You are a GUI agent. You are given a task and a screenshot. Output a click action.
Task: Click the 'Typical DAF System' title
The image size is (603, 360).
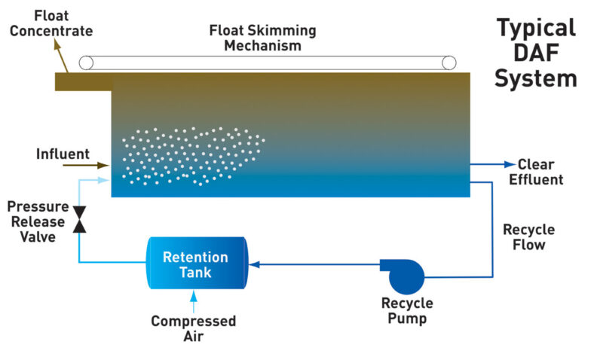[x=536, y=53]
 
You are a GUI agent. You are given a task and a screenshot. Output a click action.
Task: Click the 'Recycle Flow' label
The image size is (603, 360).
[x=528, y=236]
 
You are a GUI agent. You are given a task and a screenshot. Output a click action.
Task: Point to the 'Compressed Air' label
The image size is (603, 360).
[x=193, y=328]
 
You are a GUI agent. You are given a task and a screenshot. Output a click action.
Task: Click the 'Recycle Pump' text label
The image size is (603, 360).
[x=407, y=310]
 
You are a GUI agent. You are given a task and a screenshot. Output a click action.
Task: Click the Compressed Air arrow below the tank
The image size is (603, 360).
[x=194, y=301]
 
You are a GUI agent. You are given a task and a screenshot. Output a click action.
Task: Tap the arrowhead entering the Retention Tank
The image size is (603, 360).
[x=254, y=264]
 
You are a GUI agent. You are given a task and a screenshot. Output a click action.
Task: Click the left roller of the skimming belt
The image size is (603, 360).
[x=86, y=62]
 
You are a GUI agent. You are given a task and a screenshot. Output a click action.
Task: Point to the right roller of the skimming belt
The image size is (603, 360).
[x=449, y=62]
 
